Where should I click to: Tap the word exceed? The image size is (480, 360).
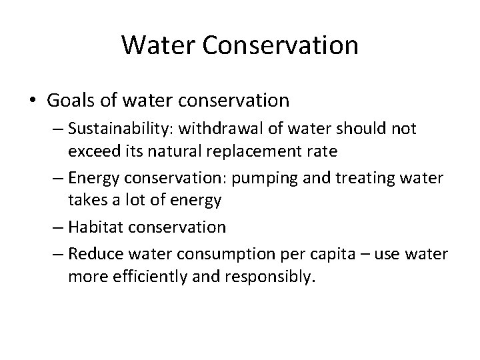(89, 151)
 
